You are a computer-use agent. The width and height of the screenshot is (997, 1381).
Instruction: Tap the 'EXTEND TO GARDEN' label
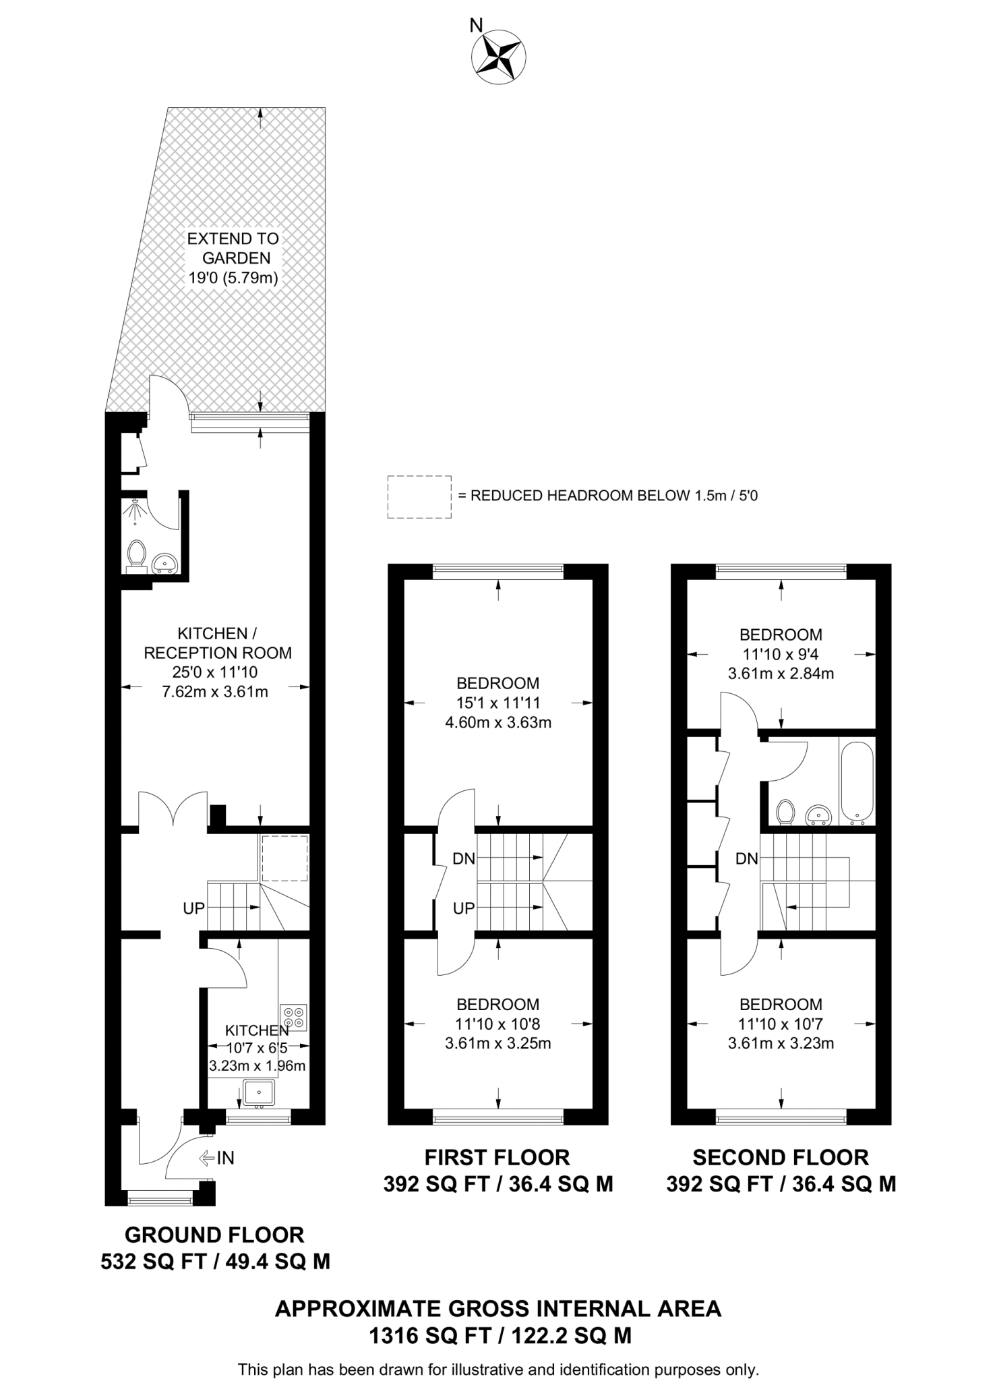(x=233, y=248)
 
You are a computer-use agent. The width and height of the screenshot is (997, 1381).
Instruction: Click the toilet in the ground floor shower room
(x=137, y=554)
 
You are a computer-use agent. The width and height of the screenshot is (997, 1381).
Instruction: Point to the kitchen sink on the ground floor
(x=259, y=1092)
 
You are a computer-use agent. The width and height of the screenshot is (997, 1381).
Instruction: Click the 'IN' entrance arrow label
(x=217, y=1158)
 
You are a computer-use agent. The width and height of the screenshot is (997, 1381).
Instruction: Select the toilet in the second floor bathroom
(x=785, y=812)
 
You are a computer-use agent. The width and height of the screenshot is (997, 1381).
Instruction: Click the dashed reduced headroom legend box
(x=419, y=497)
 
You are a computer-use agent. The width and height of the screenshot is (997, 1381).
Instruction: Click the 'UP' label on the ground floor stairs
(x=193, y=908)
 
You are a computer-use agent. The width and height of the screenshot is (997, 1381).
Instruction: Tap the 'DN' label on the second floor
(x=746, y=858)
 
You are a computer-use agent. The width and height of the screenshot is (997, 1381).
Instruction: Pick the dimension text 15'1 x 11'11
(x=497, y=703)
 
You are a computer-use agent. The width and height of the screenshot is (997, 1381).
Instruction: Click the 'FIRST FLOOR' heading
(x=497, y=1157)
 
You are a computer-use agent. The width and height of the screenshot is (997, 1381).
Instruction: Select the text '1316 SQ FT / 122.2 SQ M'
(x=499, y=1335)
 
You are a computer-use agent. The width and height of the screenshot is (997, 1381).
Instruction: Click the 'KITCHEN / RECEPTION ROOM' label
(x=217, y=643)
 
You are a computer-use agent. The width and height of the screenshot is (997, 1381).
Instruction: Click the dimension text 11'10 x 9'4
(x=781, y=653)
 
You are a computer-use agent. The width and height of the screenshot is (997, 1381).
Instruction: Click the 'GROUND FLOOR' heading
(x=214, y=1235)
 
